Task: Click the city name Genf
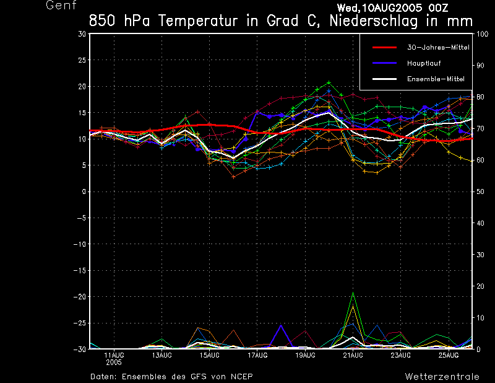coord(61,6)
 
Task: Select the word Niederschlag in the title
coord(363,20)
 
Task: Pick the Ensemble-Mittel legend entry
coord(435,79)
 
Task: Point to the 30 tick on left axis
coord(82,34)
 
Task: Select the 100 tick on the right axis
coord(480,34)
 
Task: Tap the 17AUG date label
coord(257,355)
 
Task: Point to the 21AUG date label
coord(353,355)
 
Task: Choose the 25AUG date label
coord(449,355)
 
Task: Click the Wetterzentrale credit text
coord(442,377)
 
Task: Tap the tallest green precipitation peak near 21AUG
coord(353,293)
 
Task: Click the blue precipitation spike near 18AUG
coord(281,325)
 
